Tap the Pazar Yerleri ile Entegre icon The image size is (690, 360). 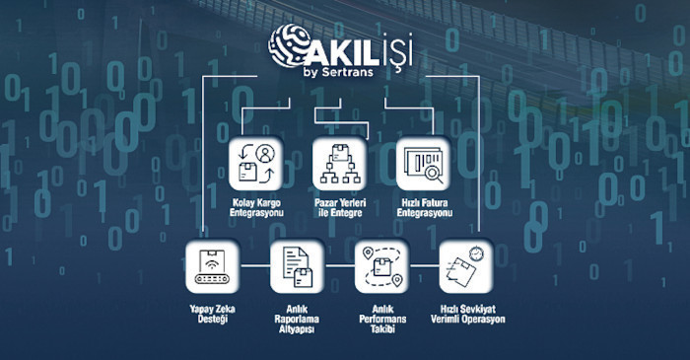[x=339, y=163]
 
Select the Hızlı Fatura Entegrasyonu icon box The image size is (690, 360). [x=423, y=163]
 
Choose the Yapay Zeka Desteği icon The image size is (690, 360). [x=213, y=266]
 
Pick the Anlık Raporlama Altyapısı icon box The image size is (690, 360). [x=297, y=266]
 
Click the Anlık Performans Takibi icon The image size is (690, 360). [x=381, y=266]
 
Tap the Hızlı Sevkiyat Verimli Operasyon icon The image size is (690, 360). [x=464, y=266]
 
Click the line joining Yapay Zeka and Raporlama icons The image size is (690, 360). [x=255, y=266]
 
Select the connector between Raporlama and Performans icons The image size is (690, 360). [x=339, y=266]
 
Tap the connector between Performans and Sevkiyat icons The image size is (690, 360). [x=423, y=266]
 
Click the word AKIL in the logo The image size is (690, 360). [x=341, y=43]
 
